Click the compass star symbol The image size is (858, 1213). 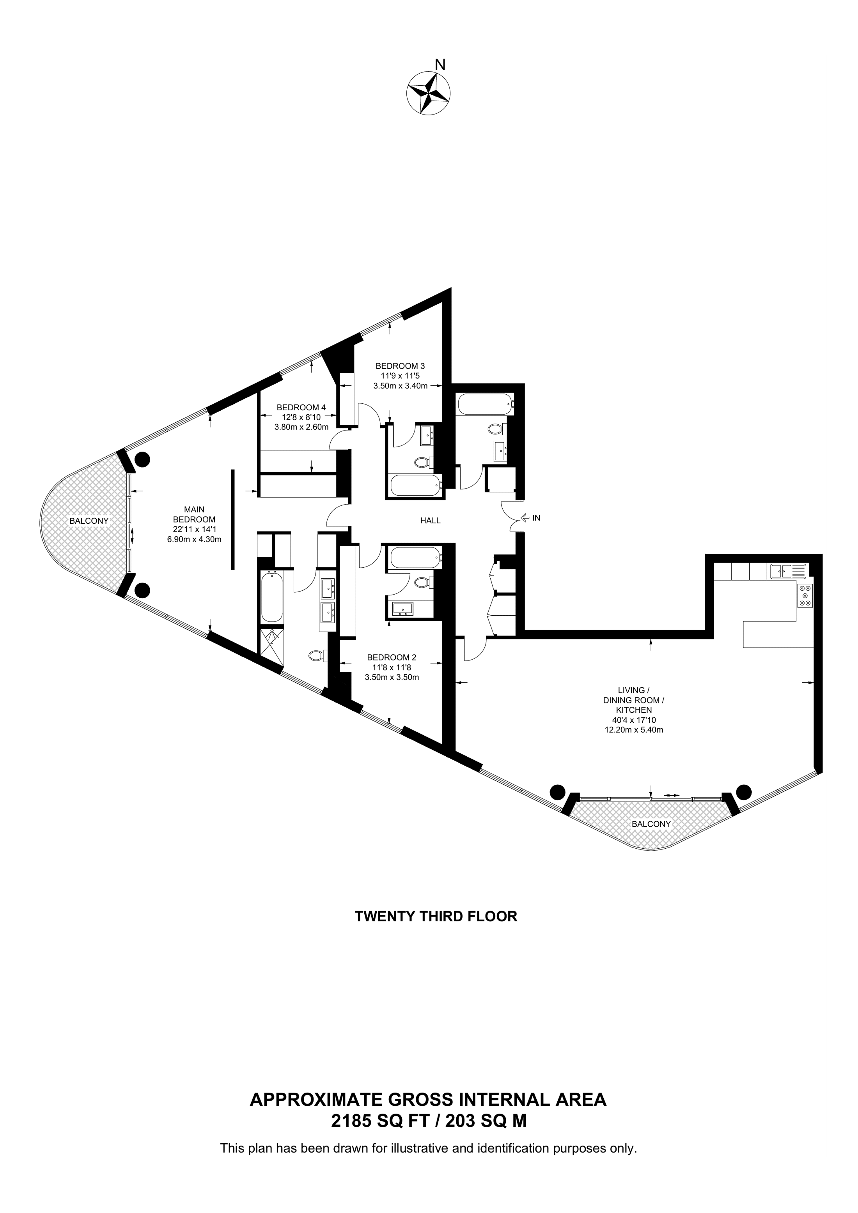click(428, 93)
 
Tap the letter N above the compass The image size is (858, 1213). click(440, 64)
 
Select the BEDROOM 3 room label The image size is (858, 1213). click(400, 365)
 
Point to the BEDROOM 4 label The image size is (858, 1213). click(301, 407)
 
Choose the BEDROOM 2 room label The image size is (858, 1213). click(392, 657)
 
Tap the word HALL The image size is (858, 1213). click(430, 520)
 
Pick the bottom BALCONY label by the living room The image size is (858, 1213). click(651, 824)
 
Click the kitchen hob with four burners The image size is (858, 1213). click(806, 595)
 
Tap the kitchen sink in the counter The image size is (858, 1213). click(788, 570)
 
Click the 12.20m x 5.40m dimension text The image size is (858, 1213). click(634, 730)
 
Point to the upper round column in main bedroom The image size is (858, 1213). click(142, 459)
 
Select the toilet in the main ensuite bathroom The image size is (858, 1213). click(317, 656)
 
